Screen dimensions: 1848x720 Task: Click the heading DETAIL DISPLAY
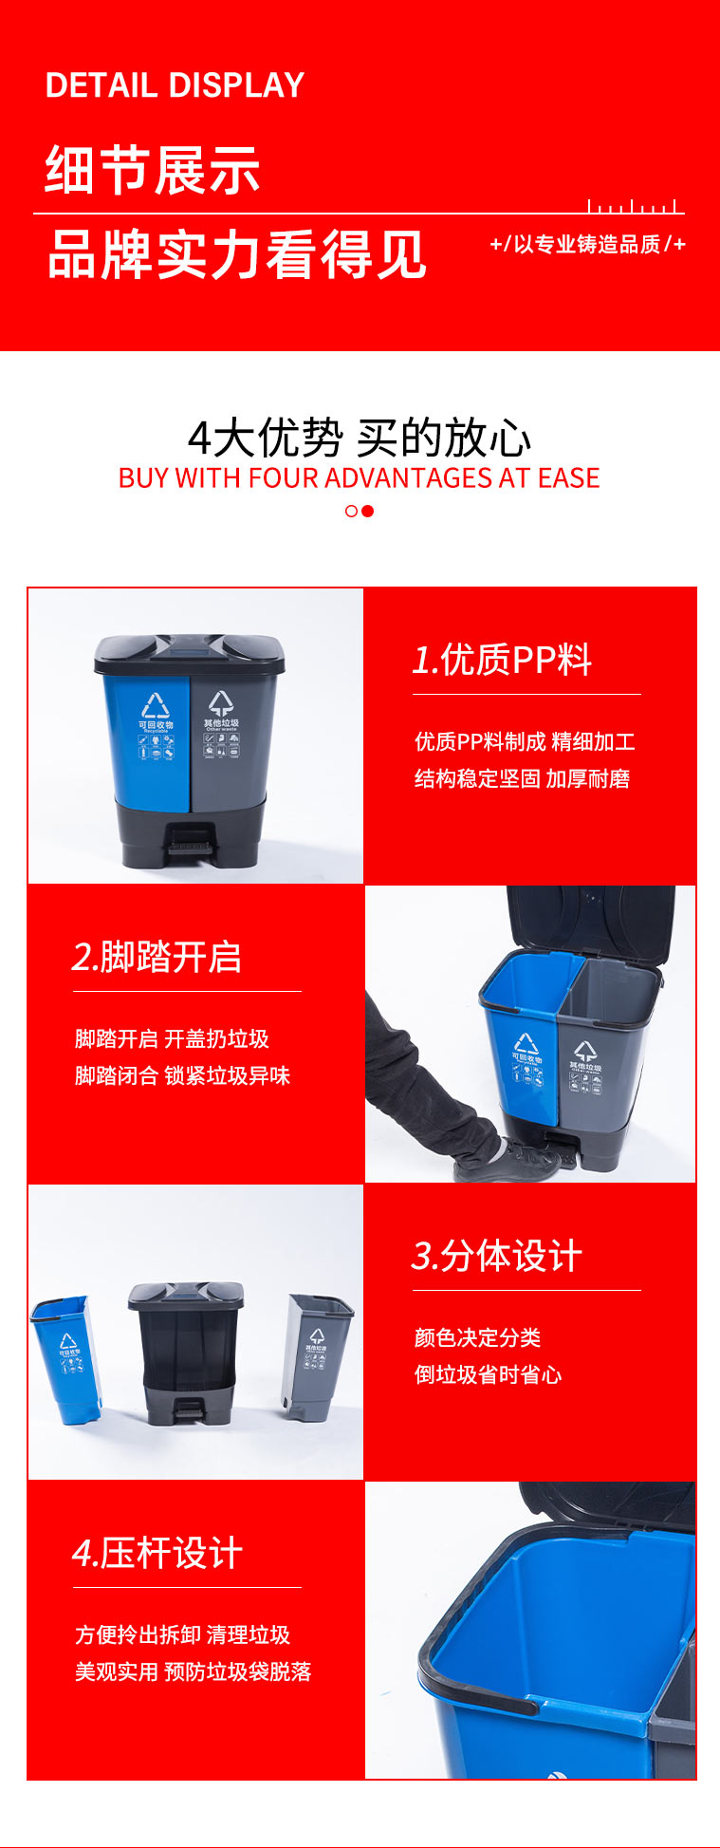(175, 85)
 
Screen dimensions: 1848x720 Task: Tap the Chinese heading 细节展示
(153, 171)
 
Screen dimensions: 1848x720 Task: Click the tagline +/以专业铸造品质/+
(587, 245)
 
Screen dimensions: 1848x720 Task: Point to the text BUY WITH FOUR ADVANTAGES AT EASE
(359, 477)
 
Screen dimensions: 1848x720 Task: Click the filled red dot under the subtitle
(368, 511)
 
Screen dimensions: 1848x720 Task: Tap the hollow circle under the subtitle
(351, 511)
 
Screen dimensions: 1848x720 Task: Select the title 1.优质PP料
(502, 660)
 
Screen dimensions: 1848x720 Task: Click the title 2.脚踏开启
(157, 957)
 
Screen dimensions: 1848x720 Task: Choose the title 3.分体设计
(496, 1256)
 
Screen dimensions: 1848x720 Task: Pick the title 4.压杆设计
(157, 1554)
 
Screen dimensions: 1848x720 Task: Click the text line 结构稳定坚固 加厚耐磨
(522, 779)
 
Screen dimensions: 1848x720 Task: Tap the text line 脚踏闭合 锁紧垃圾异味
(182, 1075)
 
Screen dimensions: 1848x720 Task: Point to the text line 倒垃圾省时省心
(488, 1374)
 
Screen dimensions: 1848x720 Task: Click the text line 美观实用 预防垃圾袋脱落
(194, 1671)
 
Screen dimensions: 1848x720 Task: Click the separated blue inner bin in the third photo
(66, 1359)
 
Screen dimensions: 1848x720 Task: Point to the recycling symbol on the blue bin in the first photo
(156, 705)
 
